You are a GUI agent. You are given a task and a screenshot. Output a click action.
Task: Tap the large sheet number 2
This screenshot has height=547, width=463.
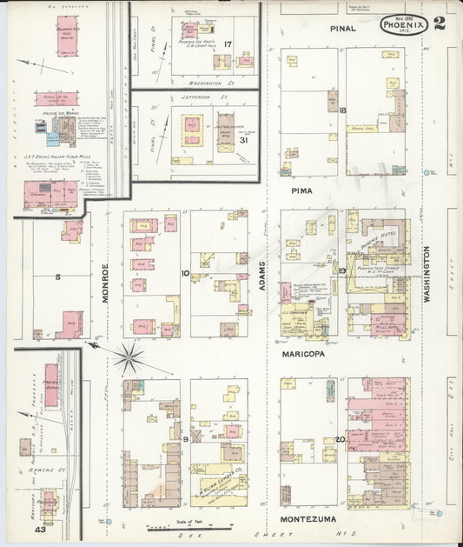coord(440,23)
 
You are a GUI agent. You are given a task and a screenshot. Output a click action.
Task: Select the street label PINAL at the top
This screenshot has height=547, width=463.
coord(343,29)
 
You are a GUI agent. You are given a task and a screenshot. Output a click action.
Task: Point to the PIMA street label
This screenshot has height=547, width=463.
coord(302,190)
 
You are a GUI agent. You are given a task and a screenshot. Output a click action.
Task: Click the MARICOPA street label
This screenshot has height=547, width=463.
coord(303,356)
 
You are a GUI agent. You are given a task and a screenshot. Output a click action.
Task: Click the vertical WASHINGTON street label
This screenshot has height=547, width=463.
coord(427,273)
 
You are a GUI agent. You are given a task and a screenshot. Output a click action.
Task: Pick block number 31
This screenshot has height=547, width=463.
coord(244,140)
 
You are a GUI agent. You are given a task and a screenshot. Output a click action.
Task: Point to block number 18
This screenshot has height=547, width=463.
coord(342,110)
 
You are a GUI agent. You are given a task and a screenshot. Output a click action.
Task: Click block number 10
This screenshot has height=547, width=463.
coord(185,273)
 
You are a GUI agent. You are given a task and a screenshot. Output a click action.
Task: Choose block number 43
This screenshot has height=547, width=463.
coord(40,529)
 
